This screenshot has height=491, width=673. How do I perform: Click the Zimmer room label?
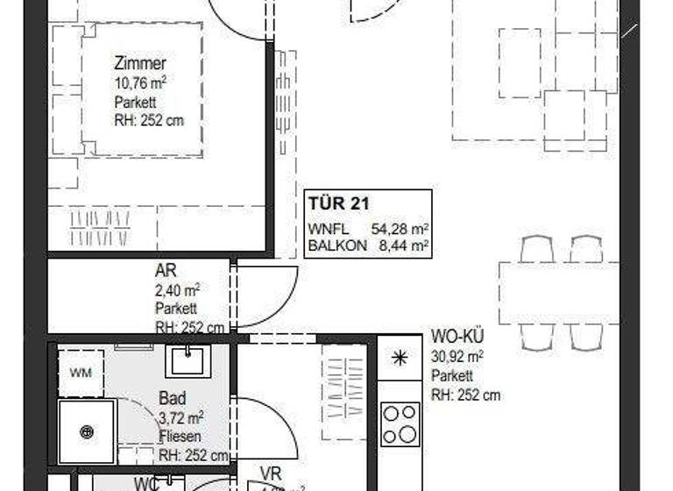tap(139, 63)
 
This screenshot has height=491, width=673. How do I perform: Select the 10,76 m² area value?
tap(139, 83)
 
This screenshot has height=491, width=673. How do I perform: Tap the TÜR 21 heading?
tap(337, 204)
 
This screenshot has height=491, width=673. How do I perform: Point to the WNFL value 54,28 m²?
tap(400, 229)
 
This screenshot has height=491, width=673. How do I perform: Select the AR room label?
tap(166, 272)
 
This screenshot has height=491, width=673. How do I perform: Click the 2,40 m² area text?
tap(177, 290)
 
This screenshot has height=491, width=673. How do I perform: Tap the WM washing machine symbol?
tap(81, 374)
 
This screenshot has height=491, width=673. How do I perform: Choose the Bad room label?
tap(172, 398)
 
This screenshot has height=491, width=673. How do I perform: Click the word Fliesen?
tap(181, 436)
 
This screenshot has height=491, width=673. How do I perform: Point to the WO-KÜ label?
tap(457, 337)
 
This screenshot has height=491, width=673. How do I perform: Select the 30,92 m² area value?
tap(457, 356)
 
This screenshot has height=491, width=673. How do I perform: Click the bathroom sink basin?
tap(186, 359)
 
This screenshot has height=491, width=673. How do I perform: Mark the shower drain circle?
tap(86, 431)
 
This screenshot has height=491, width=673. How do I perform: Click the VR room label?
tap(270, 474)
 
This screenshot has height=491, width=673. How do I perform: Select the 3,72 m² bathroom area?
tap(181, 416)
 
